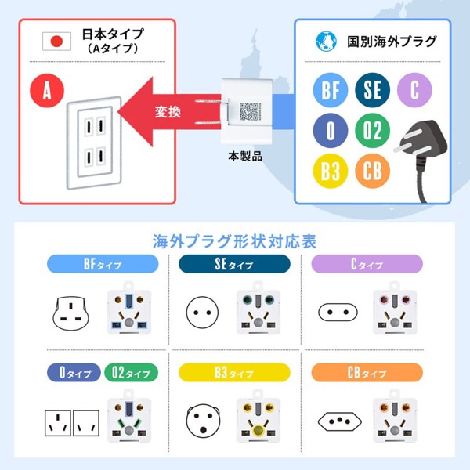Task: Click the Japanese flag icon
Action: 56,42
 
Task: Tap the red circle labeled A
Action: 47,90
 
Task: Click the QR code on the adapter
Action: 248,111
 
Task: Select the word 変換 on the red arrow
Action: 168,112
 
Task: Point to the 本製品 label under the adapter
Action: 245,156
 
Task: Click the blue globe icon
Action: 326,42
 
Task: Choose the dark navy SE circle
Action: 373,90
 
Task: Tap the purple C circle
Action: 414,90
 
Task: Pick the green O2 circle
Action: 373,130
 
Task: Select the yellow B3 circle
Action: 331,171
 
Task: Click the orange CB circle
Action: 373,171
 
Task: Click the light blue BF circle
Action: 331,90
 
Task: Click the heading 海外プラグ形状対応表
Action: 234,241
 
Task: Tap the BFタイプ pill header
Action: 103,264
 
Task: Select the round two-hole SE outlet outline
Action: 202,313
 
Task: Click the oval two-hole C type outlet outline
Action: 338,313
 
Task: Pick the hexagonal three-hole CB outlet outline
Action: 340,421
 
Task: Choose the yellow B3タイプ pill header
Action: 234,373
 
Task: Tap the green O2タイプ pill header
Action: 132,373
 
